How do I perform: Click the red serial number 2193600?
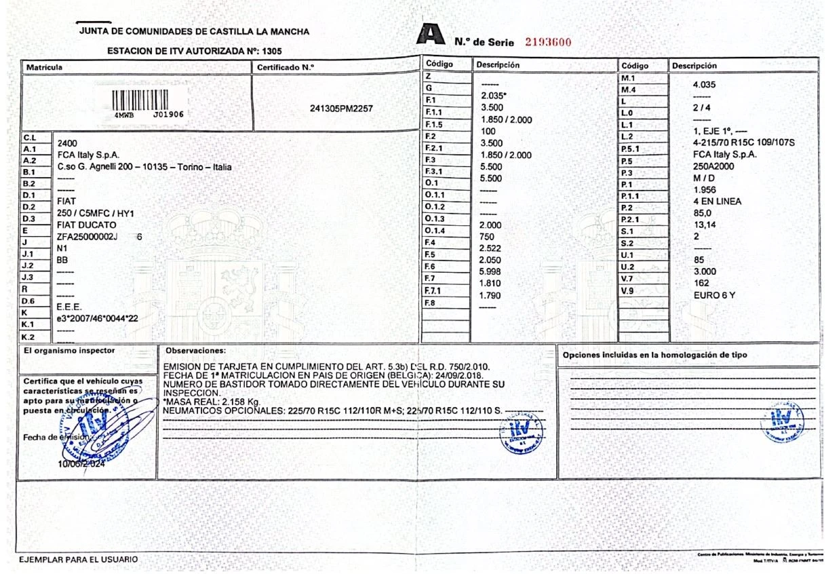549,42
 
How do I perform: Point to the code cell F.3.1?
433,171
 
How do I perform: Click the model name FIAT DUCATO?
87,225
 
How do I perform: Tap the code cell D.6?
28,301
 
